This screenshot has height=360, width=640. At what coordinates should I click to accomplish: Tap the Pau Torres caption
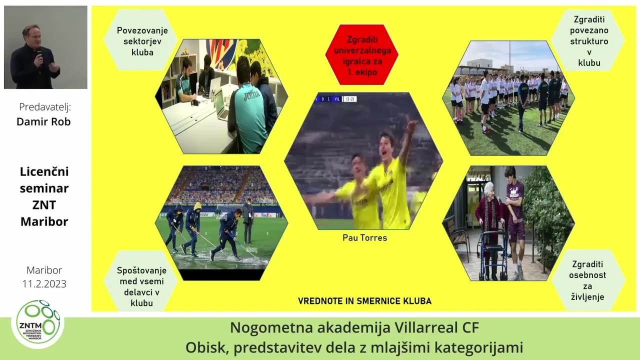[364, 238]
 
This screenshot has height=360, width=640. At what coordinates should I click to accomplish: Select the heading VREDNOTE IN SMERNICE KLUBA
[364, 301]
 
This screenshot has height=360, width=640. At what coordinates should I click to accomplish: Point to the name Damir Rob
[43, 121]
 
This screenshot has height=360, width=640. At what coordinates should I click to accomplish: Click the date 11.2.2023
[44, 284]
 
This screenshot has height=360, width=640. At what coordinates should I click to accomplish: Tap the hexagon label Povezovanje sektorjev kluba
[142, 41]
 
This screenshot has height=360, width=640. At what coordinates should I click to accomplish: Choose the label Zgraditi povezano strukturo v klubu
[589, 41]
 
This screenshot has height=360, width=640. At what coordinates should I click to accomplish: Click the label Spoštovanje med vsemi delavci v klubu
[141, 286]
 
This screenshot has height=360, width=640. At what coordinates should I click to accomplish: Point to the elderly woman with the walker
[489, 215]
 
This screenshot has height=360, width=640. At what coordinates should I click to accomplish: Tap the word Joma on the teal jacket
[252, 95]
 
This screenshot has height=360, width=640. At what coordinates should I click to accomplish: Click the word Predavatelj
[44, 106]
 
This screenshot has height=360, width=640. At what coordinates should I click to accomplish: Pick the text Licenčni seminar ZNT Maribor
[44, 196]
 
